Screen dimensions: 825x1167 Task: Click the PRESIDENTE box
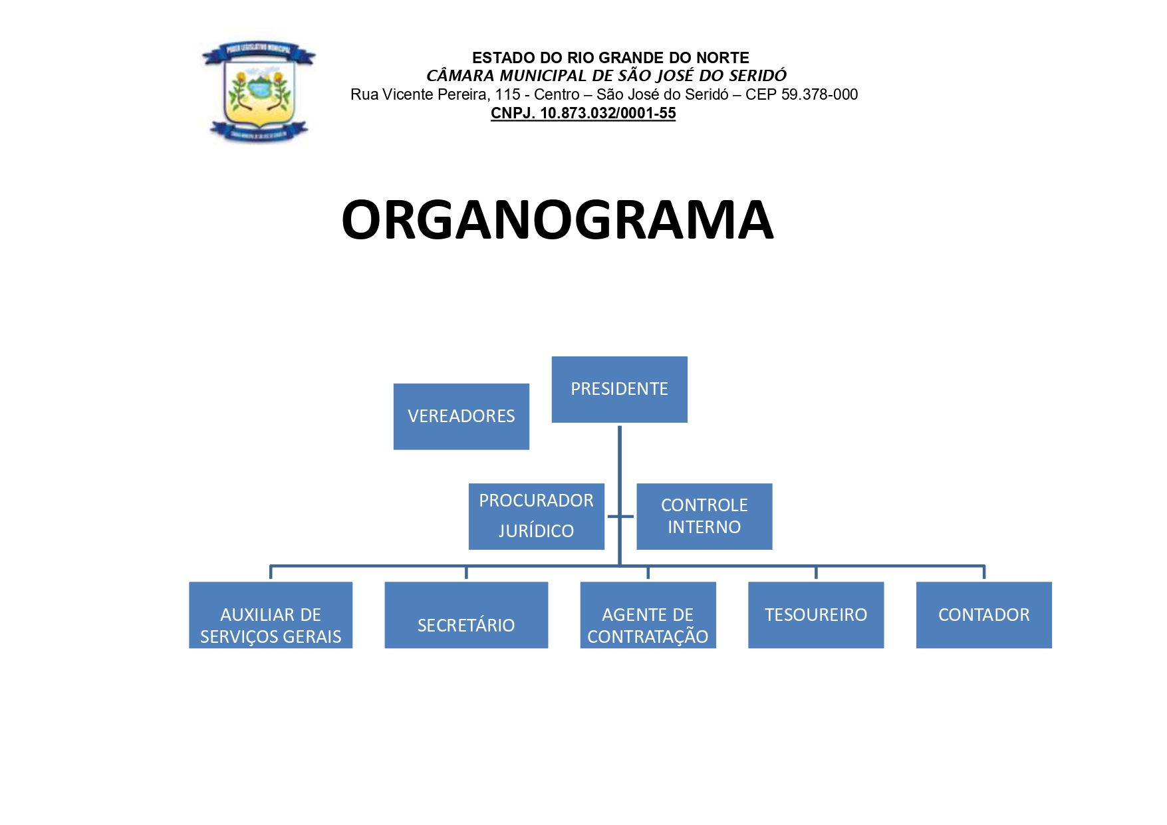click(619, 390)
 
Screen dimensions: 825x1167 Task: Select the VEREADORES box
click(461, 416)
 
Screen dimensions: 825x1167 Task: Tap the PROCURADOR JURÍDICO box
click(536, 516)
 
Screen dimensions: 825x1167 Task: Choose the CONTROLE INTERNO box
click(704, 516)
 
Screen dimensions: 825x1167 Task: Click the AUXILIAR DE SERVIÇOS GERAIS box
click(271, 615)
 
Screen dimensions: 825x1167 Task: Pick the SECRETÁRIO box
click(466, 615)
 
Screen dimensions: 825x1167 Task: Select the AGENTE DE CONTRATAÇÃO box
click(648, 615)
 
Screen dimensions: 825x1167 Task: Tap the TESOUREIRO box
click(816, 615)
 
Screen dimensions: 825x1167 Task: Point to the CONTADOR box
click(983, 615)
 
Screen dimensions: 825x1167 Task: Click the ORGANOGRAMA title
click(557, 220)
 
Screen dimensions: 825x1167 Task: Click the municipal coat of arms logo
click(259, 92)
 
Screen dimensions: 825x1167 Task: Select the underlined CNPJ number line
click(583, 114)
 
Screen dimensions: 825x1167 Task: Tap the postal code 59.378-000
click(819, 94)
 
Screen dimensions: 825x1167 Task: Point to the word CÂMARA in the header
click(460, 76)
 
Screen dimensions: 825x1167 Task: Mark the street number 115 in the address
click(507, 94)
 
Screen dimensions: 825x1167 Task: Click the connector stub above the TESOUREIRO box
click(816, 573)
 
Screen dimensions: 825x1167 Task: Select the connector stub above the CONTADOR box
click(983, 573)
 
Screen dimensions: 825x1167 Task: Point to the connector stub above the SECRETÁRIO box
click(466, 573)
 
